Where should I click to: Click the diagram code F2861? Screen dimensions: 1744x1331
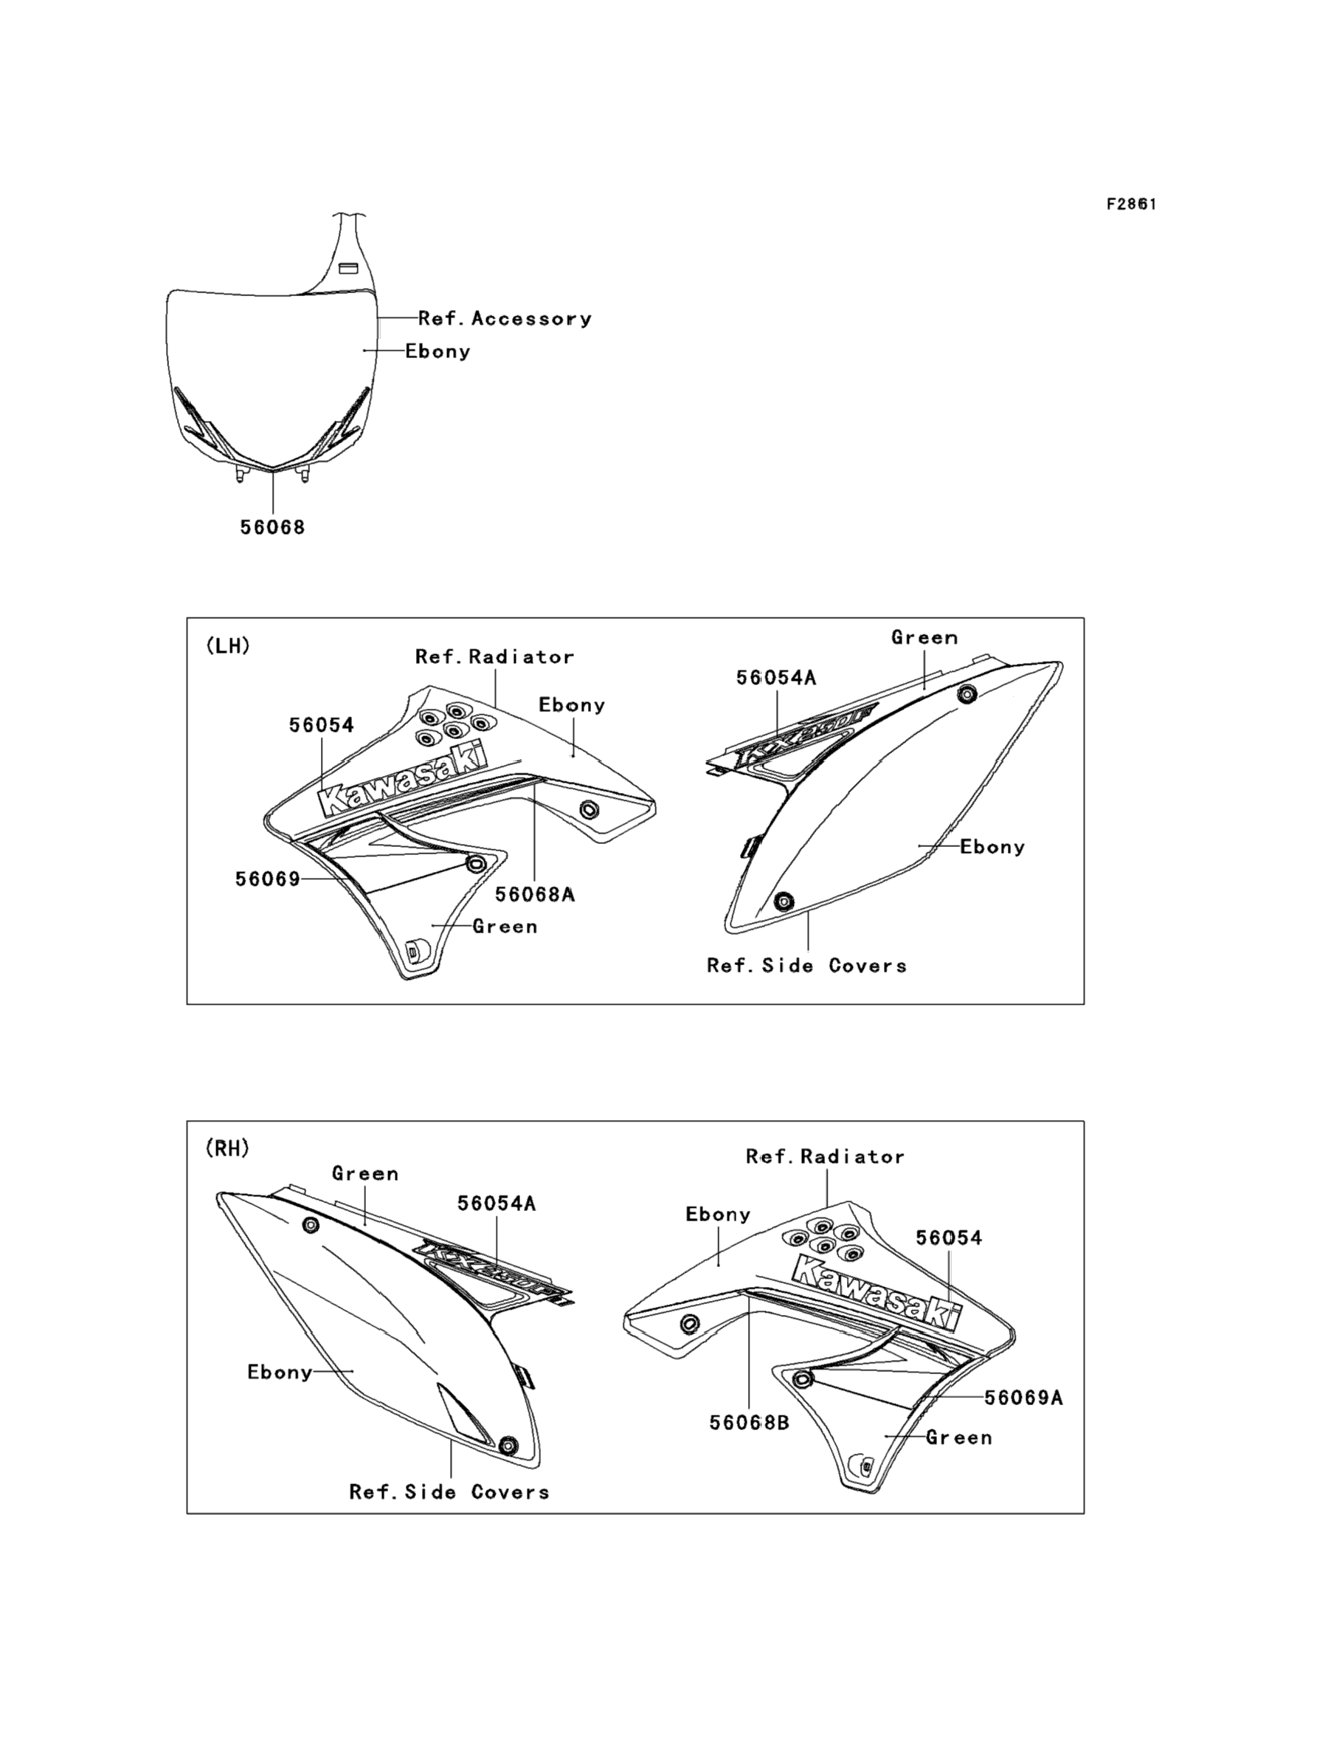coord(1131,205)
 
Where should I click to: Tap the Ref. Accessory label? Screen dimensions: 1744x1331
coord(505,319)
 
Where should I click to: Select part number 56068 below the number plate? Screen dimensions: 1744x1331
coord(272,527)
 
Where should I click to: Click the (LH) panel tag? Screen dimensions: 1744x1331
coord(228,646)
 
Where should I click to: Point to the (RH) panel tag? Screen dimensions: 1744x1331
coord(227,1148)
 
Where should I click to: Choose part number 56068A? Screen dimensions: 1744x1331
coord(535,894)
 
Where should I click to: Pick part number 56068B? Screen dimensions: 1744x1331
coord(749,1422)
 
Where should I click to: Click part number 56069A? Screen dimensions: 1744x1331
coord(1023,1398)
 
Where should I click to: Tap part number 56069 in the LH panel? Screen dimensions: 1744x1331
coord(268,879)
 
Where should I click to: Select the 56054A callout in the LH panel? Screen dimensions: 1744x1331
coord(775,678)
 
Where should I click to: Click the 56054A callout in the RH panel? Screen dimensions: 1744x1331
coord(496,1204)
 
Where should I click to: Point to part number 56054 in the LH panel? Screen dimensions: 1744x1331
coord(321,724)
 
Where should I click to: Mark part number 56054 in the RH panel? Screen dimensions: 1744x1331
coord(948,1237)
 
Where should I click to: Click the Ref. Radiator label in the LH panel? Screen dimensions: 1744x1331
coord(494,656)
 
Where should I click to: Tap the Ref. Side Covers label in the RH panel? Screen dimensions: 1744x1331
coord(449,1492)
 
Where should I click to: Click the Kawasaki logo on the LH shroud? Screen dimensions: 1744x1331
coord(404,777)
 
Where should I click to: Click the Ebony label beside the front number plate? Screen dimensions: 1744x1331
coord(438,351)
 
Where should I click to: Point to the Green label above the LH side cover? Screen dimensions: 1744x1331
coord(924,637)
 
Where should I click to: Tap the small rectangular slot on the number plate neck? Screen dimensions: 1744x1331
coord(348,268)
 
